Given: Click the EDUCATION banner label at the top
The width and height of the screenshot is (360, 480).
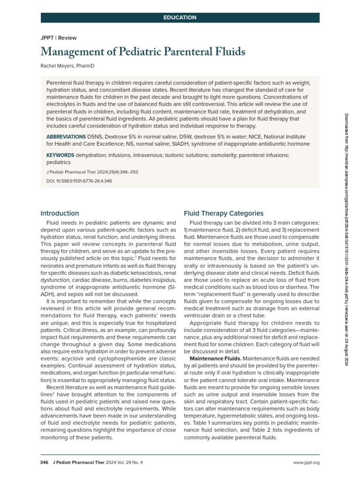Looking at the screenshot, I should point(180,18).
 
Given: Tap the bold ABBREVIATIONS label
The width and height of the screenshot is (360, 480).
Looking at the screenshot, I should point(66,136).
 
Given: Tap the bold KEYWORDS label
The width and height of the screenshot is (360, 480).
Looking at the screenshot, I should point(60,155).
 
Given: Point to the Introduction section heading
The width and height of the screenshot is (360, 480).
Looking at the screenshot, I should point(60,213).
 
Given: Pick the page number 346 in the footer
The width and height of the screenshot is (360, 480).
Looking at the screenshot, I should point(45,463).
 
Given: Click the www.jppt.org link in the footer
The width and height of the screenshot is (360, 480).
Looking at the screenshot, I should point(306,463).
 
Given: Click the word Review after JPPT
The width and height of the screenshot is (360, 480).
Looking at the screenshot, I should point(67,38).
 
